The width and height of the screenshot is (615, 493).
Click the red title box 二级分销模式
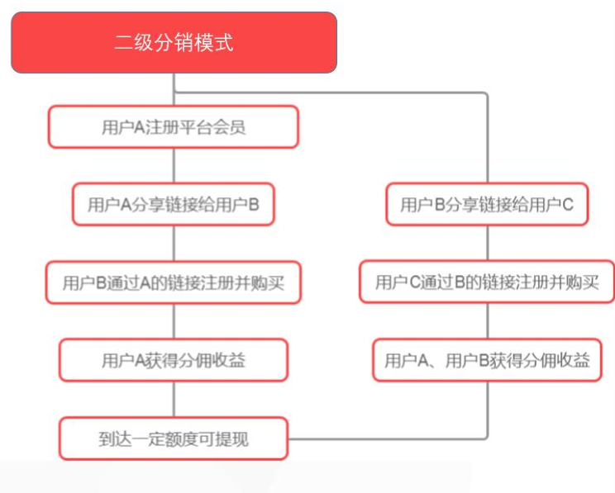point(174,42)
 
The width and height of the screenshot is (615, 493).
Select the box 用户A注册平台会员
point(174,127)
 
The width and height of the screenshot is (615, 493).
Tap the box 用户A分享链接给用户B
point(174,204)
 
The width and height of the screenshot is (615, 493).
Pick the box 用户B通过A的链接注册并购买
point(174,282)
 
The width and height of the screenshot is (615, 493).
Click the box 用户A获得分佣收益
point(174,360)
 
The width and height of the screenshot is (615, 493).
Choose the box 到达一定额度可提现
point(174,438)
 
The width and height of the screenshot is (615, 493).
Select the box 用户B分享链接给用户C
point(487,204)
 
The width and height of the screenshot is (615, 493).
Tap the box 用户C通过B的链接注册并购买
point(487,282)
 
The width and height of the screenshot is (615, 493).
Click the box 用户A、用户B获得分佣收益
point(487,360)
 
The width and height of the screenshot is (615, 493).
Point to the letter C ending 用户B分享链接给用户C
point(568,205)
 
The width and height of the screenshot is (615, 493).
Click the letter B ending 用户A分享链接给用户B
point(254,205)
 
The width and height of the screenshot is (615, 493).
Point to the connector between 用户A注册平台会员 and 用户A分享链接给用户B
point(174,166)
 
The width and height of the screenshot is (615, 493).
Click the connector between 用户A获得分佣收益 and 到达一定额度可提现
point(174,400)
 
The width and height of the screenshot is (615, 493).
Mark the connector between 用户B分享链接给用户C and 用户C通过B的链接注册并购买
point(488,243)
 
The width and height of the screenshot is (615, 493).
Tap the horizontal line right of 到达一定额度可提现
point(388,438)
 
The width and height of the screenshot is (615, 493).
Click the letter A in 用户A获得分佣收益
point(140,361)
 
